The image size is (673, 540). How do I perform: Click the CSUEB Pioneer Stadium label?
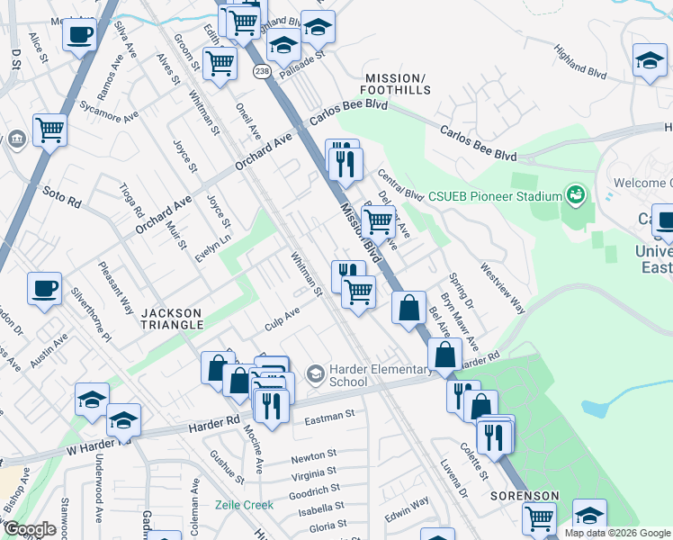(x=494, y=194)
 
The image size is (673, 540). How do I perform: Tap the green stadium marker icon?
(x=574, y=194)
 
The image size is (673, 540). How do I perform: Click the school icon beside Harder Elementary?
(x=314, y=373)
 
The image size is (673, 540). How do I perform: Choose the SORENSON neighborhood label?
(x=525, y=496)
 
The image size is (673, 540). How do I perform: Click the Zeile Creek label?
(x=244, y=505)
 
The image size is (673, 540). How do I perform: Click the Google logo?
(x=31, y=529)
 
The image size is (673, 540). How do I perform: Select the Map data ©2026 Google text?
(x=617, y=533)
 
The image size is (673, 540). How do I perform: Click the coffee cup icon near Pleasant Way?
(x=44, y=289)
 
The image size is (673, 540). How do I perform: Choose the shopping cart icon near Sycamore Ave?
(x=49, y=129)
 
